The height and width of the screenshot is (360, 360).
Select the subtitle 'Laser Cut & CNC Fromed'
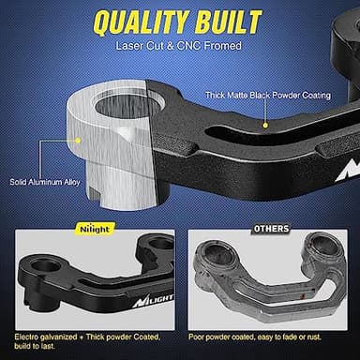coord(180,45)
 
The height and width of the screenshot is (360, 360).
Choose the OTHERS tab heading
coord(271,228)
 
